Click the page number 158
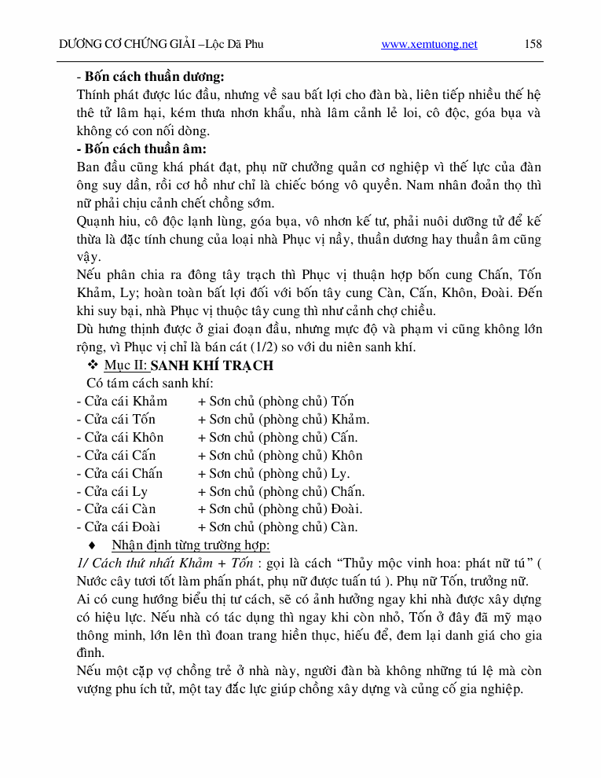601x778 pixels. click(x=533, y=44)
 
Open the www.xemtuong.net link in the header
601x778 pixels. click(x=429, y=45)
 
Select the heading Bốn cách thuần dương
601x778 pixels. click(x=153, y=77)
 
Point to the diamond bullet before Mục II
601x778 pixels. click(x=92, y=365)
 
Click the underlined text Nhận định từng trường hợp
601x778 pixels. click(x=191, y=545)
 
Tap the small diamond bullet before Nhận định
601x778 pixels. click(x=93, y=545)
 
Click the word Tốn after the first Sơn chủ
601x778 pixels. click(x=343, y=402)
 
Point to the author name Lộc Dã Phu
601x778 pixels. click(x=235, y=45)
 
